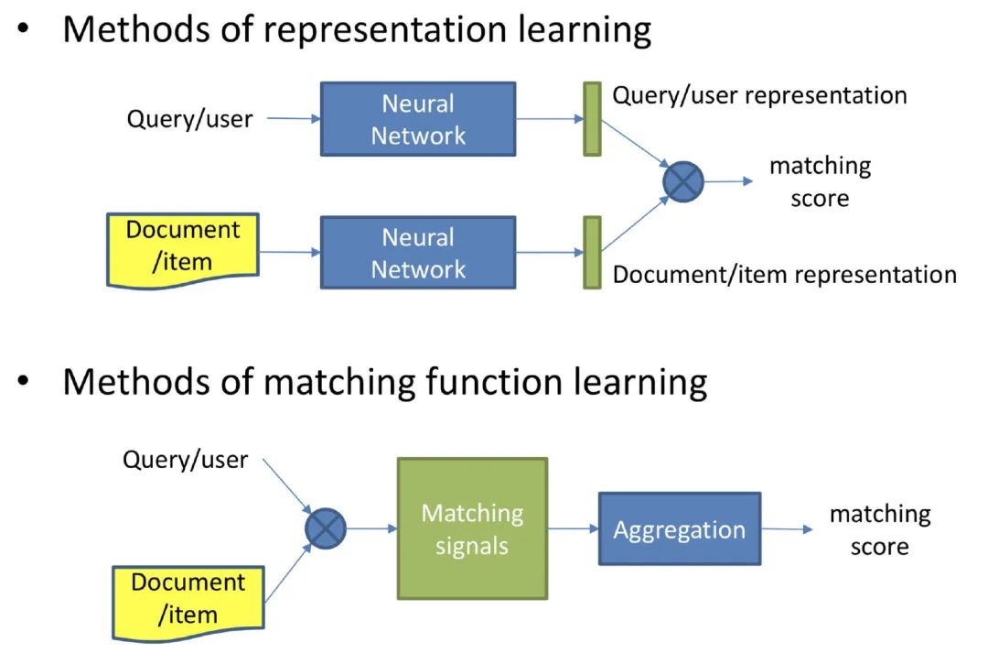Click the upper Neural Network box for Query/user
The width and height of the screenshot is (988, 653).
click(x=418, y=119)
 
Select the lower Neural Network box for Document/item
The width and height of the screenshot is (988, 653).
click(x=418, y=253)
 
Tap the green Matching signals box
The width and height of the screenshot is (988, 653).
click(x=473, y=528)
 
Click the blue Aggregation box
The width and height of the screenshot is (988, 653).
click(x=680, y=528)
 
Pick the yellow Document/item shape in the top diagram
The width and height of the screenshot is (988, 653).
click(x=183, y=250)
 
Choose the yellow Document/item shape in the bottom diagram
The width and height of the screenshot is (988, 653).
click(x=188, y=604)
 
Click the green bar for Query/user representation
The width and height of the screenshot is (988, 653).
click(x=592, y=119)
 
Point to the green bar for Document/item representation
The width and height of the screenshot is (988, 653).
click(x=592, y=253)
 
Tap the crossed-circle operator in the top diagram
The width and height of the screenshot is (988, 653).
click(x=683, y=181)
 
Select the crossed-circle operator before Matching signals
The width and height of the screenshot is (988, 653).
click(x=325, y=528)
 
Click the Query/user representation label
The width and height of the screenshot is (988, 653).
click(x=760, y=96)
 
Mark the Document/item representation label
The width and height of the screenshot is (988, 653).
click(x=785, y=275)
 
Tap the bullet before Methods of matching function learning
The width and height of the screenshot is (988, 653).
click(x=23, y=381)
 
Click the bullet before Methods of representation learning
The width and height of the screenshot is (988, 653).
click(x=23, y=28)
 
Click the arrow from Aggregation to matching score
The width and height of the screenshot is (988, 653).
click(x=788, y=529)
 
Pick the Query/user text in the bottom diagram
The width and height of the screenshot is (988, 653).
click(x=185, y=460)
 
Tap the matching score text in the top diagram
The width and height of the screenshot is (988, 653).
click(x=821, y=181)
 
